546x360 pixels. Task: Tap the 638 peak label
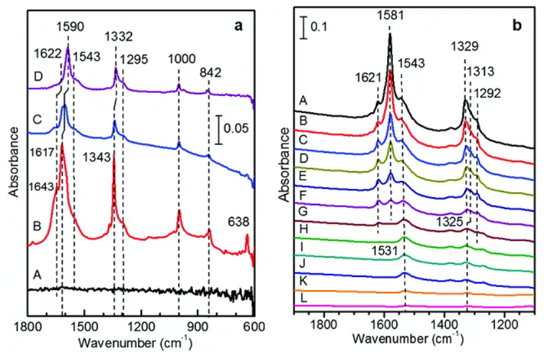[x=237, y=222]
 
